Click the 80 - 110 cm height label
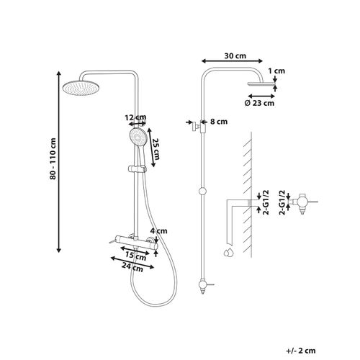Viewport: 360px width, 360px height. [53, 158]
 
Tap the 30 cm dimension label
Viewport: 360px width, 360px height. [235, 56]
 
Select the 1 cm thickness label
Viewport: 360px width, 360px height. [276, 71]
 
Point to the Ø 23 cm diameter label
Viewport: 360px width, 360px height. [259, 103]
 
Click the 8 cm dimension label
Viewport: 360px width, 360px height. [219, 122]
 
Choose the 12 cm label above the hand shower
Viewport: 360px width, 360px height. [135, 117]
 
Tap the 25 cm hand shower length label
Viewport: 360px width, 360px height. [156, 149]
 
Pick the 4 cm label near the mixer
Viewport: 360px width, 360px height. [158, 231]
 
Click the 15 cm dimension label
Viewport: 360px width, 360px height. [136, 256]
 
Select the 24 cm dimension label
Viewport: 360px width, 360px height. [132, 267]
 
